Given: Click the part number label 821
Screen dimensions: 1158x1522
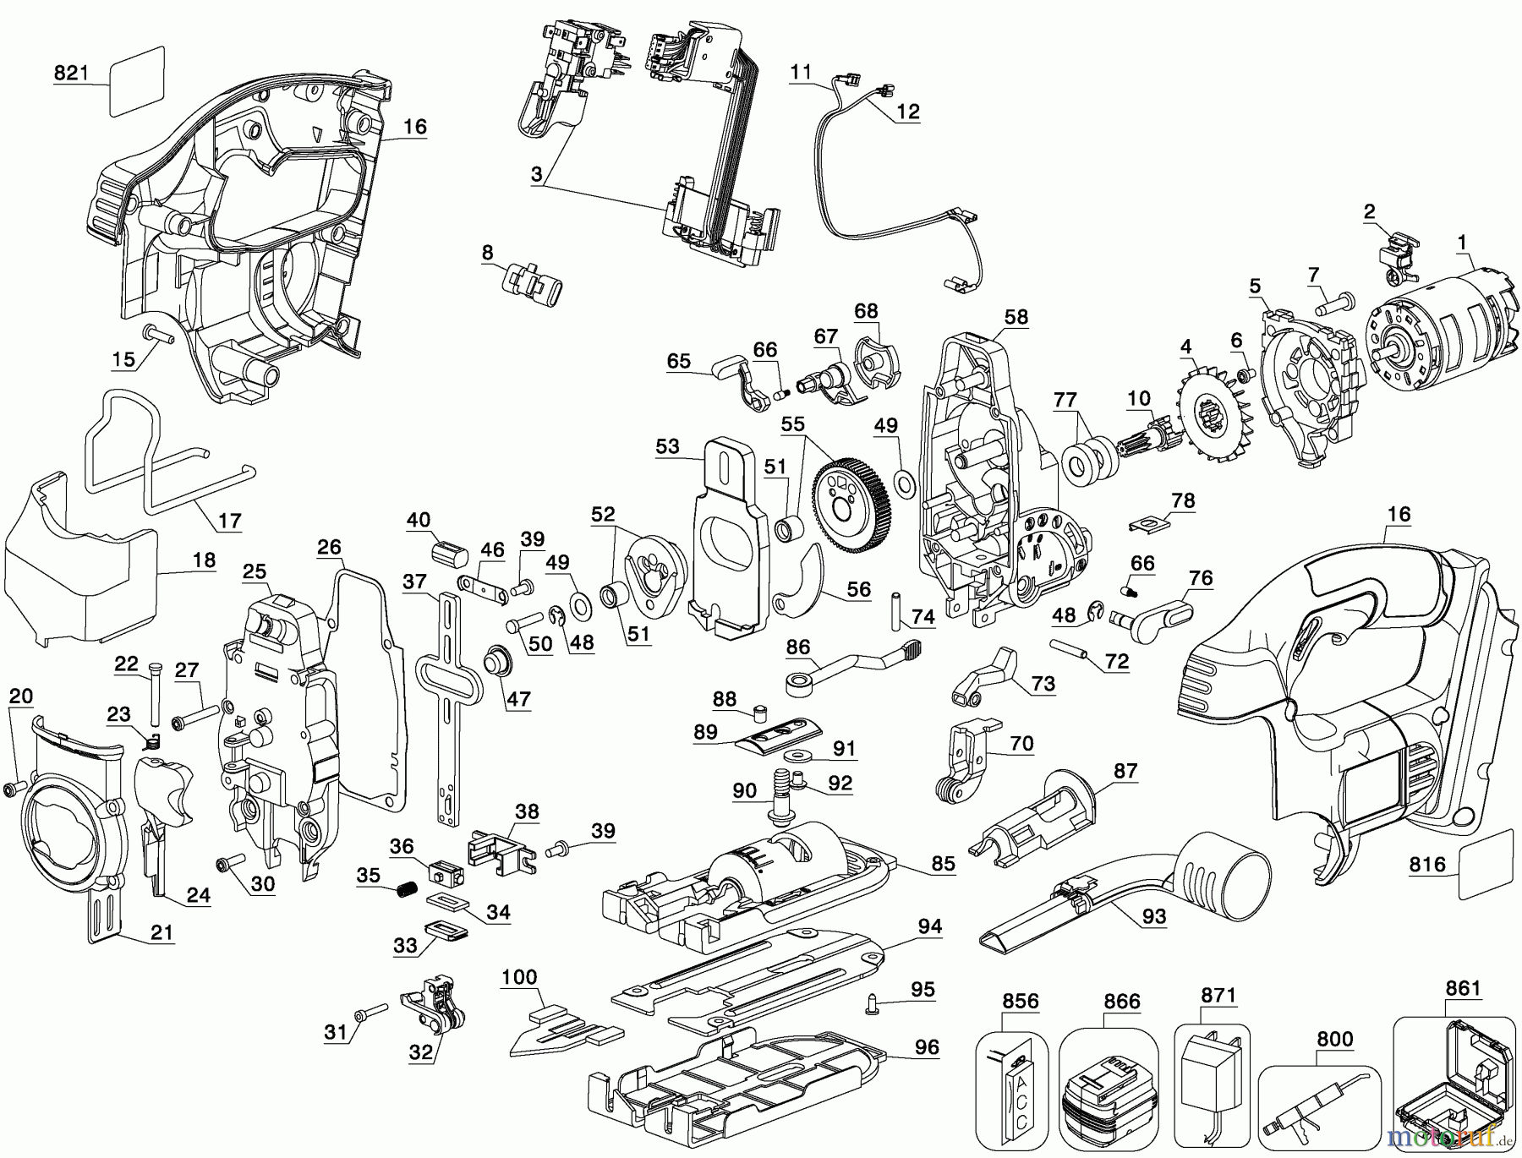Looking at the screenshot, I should tap(71, 74).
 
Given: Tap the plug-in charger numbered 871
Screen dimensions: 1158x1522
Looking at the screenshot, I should tap(1212, 1069).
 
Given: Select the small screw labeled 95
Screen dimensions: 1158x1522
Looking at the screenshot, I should tap(874, 1004).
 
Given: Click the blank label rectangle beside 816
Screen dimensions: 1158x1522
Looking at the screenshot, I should tap(1486, 864).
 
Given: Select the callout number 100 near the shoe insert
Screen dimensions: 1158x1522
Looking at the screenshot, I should tap(519, 977).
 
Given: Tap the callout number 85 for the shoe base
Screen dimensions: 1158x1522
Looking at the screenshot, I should tap(943, 863).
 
